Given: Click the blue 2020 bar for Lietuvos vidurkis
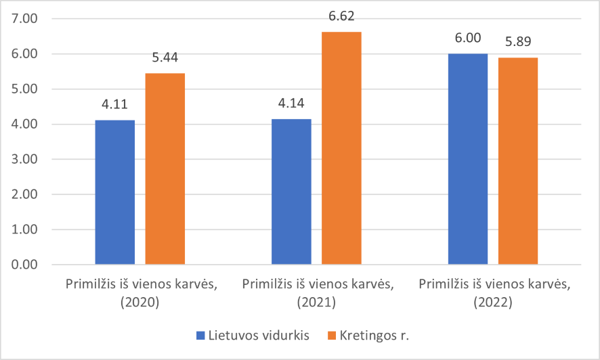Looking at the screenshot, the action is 115,192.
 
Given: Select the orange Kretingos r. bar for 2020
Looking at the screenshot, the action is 165,168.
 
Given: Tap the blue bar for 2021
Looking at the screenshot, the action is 291,192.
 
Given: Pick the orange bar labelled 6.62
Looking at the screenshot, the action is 341,148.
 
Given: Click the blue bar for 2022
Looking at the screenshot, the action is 468,159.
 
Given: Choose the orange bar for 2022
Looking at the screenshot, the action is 518,161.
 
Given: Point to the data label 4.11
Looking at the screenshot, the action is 115,104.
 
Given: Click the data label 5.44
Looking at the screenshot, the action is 165,58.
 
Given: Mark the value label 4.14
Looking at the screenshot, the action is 291,103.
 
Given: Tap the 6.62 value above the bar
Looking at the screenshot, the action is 341,16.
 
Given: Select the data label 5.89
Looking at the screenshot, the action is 518,41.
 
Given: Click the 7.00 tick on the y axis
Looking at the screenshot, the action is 24,18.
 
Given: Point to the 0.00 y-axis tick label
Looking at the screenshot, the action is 24,265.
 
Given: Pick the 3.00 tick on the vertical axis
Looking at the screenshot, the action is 24,159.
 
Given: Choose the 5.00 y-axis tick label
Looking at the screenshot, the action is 24,89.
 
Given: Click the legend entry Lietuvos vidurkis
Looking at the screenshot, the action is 253,336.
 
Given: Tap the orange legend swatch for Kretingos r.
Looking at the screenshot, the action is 332,336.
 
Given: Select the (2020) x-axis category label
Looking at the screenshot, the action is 140,302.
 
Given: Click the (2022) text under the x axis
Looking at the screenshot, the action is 493,302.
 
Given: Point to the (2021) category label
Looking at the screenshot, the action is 316,302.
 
